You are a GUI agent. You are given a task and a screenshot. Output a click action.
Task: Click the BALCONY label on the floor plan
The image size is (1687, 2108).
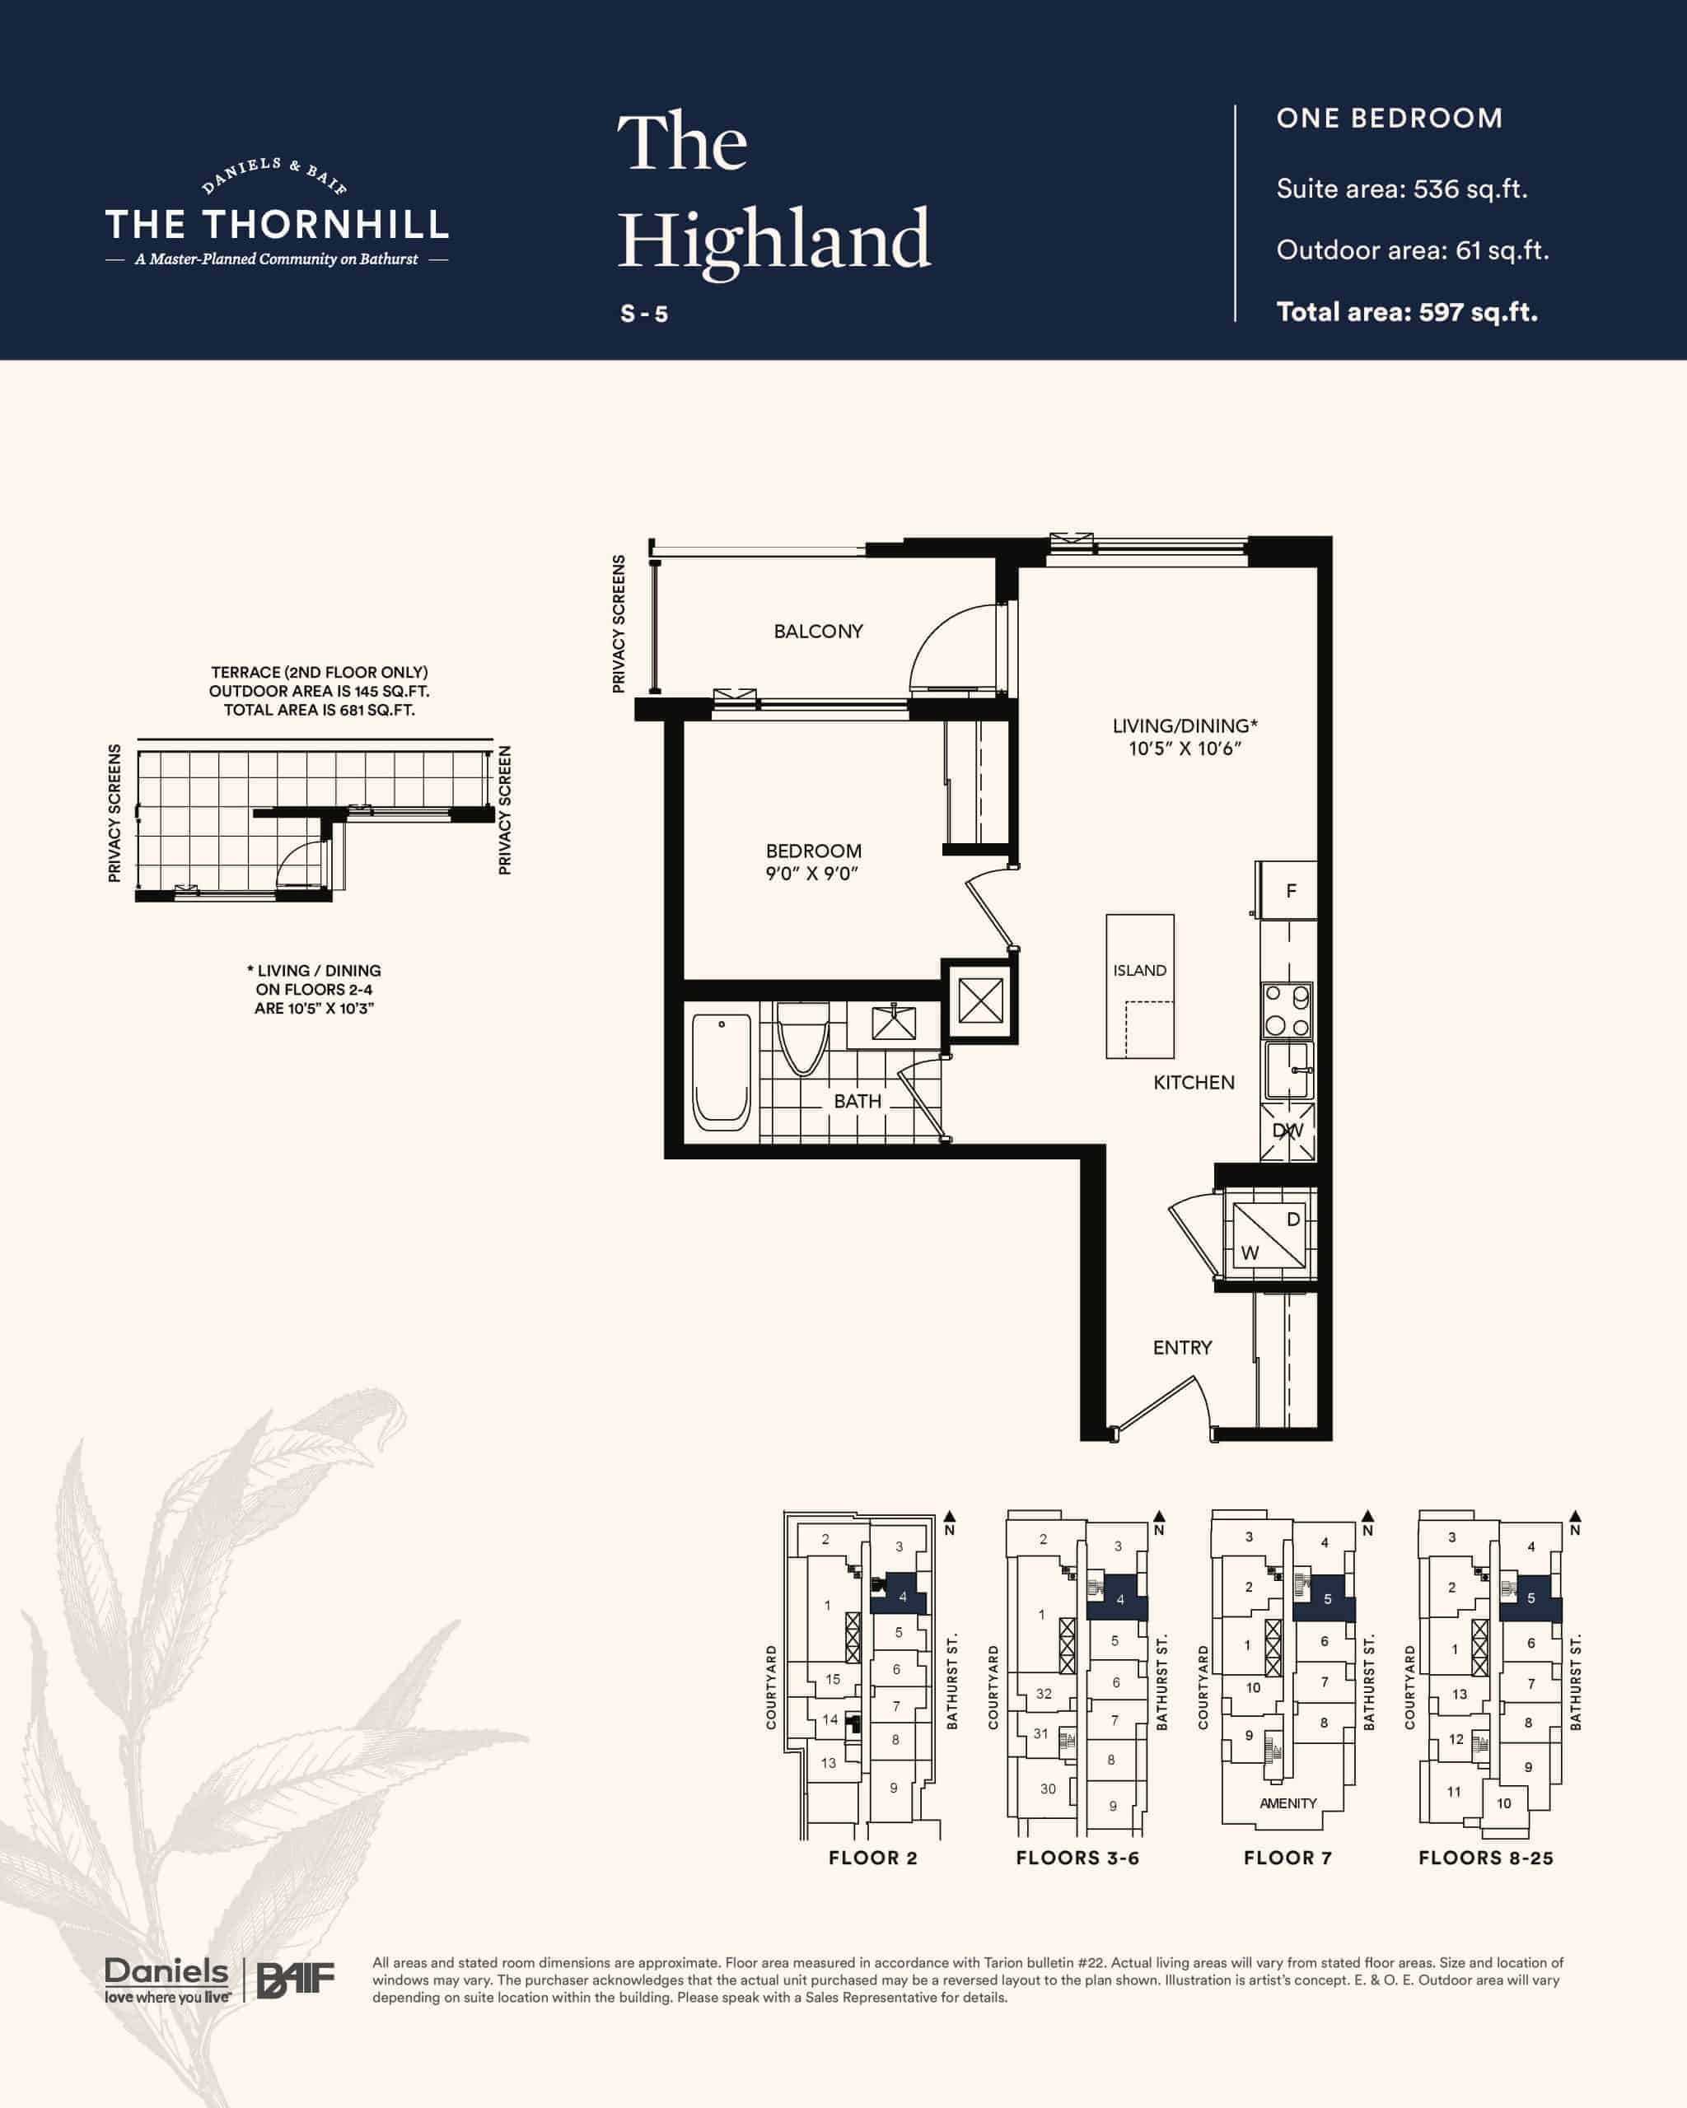(x=818, y=632)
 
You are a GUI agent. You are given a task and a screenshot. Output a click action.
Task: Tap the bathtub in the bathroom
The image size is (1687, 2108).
(x=721, y=1073)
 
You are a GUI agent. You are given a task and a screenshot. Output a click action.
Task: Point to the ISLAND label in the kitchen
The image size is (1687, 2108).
(x=1139, y=971)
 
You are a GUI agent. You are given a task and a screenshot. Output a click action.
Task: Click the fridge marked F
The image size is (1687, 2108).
(x=1287, y=891)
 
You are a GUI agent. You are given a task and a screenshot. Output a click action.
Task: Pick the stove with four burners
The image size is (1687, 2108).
(x=1287, y=1011)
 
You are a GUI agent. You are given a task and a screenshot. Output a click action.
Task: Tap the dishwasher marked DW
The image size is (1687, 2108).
(x=1287, y=1131)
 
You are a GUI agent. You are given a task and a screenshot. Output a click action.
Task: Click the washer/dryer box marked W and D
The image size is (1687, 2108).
(x=1268, y=1236)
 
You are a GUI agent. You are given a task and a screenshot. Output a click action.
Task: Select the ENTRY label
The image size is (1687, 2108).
(x=1181, y=1347)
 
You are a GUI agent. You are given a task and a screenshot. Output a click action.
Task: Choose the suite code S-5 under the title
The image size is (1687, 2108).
(x=644, y=314)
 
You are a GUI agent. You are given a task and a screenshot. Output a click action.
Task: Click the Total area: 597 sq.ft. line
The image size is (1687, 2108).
(x=1406, y=313)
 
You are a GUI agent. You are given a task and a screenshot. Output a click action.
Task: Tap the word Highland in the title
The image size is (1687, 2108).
(x=773, y=240)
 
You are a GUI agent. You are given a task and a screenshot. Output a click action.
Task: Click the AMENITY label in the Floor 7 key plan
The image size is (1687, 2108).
(x=1288, y=1804)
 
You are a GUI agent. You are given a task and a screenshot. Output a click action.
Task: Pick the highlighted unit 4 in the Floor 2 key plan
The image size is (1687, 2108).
(x=899, y=1597)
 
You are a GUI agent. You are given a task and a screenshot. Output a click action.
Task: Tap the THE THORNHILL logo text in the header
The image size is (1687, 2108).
(x=277, y=225)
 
